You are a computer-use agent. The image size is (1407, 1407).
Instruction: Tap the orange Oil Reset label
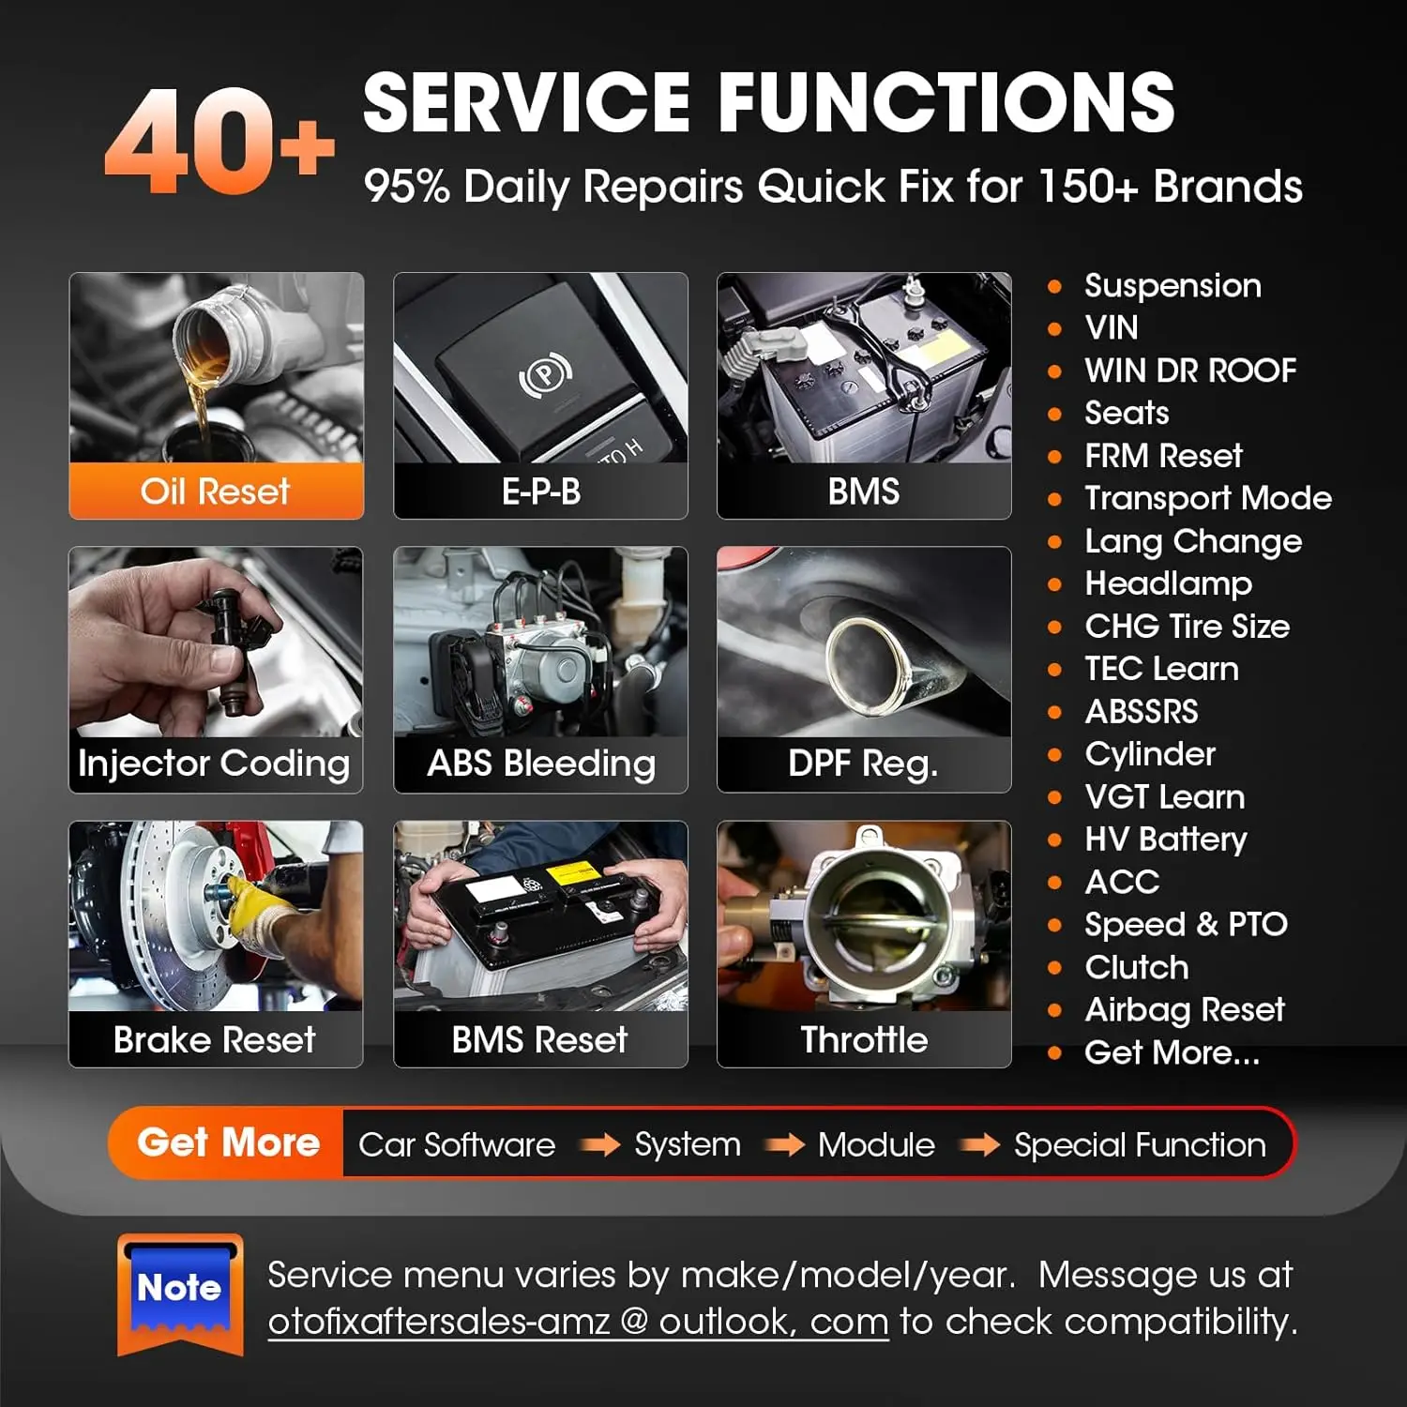(x=216, y=492)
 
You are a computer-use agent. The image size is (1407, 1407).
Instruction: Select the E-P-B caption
(x=541, y=492)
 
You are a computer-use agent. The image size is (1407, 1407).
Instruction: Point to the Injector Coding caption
(x=215, y=764)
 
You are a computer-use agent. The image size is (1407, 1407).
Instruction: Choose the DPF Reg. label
(x=863, y=764)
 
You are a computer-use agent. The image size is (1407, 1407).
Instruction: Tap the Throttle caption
(x=864, y=1039)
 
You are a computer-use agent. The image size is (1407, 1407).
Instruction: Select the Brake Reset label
(x=215, y=1039)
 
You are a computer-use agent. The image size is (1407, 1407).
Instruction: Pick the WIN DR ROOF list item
(x=1190, y=371)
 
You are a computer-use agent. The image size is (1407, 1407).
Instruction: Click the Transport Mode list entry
(x=1208, y=498)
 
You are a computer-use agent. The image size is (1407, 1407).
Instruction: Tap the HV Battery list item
(x=1166, y=839)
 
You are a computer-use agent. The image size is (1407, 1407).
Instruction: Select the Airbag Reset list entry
(x=1185, y=1009)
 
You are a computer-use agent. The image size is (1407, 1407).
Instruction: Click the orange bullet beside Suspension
(x=1055, y=286)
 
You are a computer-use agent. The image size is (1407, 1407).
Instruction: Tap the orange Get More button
(x=228, y=1142)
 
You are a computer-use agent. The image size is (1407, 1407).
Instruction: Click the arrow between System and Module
(x=785, y=1144)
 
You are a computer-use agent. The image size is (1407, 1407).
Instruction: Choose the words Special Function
(x=1140, y=1144)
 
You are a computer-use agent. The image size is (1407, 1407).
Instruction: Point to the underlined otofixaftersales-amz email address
(x=578, y=1322)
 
